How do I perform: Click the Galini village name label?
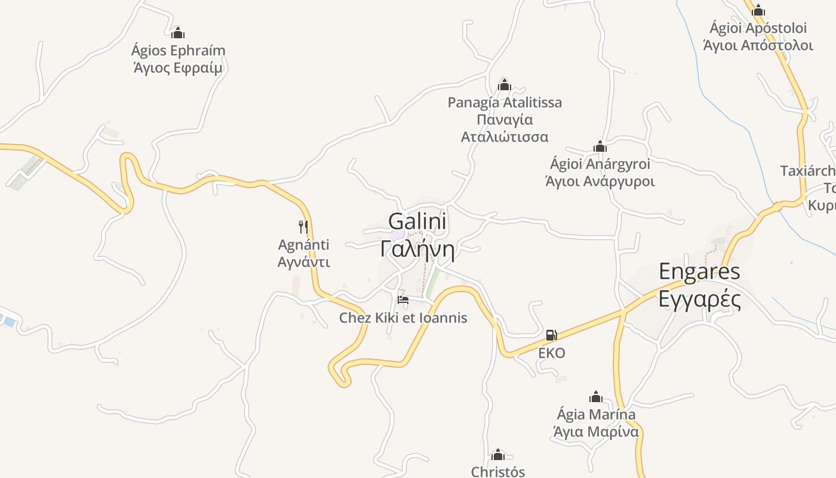[x=417, y=222]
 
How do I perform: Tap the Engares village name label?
[x=699, y=272]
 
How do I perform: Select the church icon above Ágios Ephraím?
[x=177, y=33]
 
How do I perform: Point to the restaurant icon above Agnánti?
[x=303, y=226]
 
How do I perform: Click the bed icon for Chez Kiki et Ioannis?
[x=403, y=299]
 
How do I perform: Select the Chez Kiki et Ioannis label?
[x=403, y=318]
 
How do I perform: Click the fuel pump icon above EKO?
[x=551, y=335]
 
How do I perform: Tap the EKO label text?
[x=551, y=353]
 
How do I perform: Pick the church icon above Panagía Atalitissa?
[x=505, y=85]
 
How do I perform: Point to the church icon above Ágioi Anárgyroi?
[x=600, y=146]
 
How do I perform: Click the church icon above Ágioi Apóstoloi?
[x=758, y=10]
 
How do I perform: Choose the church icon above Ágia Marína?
[x=595, y=397]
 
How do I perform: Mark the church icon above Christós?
[x=497, y=455]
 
